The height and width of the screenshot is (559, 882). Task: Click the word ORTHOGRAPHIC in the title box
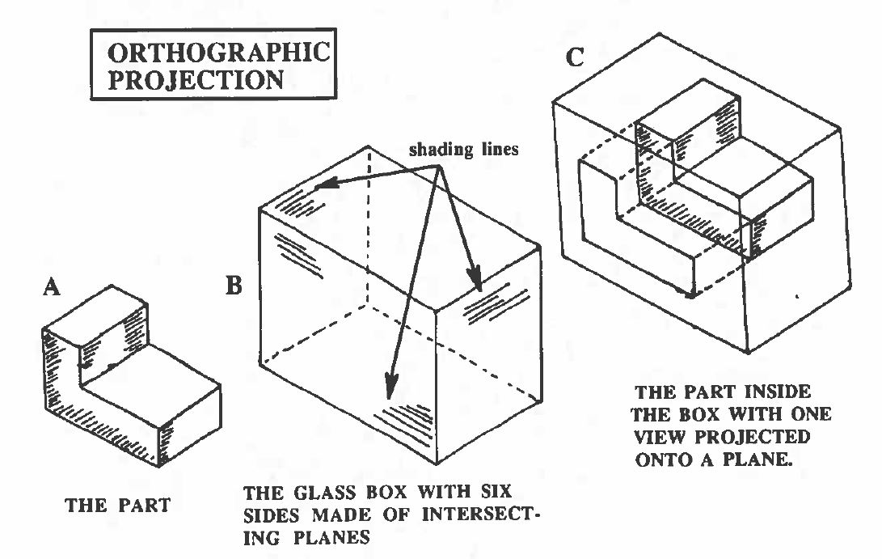(219, 53)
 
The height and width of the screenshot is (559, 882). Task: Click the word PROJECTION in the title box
(195, 81)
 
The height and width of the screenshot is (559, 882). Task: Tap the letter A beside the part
(52, 289)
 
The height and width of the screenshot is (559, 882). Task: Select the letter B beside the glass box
(233, 287)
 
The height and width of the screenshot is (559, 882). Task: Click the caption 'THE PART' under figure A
(117, 506)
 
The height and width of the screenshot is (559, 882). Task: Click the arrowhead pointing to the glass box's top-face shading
(323, 186)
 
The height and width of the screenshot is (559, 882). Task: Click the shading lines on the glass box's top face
(295, 205)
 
